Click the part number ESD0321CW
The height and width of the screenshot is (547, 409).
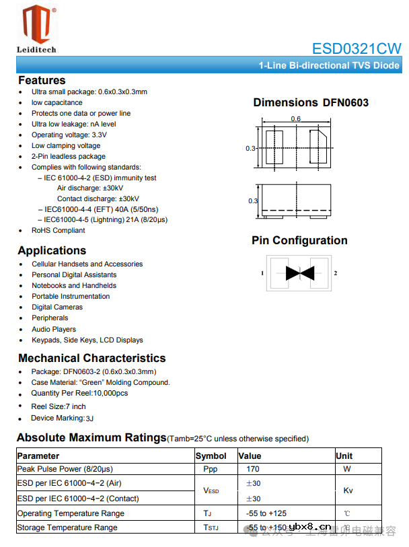[356, 48]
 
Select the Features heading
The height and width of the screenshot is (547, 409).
[42, 81]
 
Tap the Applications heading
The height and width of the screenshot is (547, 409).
[52, 251]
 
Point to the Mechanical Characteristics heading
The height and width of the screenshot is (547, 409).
[91, 358]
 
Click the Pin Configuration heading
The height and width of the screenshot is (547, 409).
[299, 241]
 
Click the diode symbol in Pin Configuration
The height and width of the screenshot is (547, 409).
[298, 273]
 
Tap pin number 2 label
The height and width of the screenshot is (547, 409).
[335, 273]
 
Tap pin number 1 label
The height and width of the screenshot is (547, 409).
[262, 273]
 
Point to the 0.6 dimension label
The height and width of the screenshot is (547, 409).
[296, 119]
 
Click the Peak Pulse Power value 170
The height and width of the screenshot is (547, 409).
[253, 469]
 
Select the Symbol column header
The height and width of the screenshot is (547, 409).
[211, 456]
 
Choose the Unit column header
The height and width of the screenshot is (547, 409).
[344, 456]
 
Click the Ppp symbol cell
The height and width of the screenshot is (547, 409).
[211, 469]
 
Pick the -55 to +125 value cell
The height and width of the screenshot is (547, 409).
[266, 513]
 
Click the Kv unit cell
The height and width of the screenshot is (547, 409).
[348, 490]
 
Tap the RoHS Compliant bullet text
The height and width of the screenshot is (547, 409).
[59, 230]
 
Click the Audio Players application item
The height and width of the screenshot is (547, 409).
[54, 329]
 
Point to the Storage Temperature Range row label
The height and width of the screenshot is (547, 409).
[67, 527]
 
